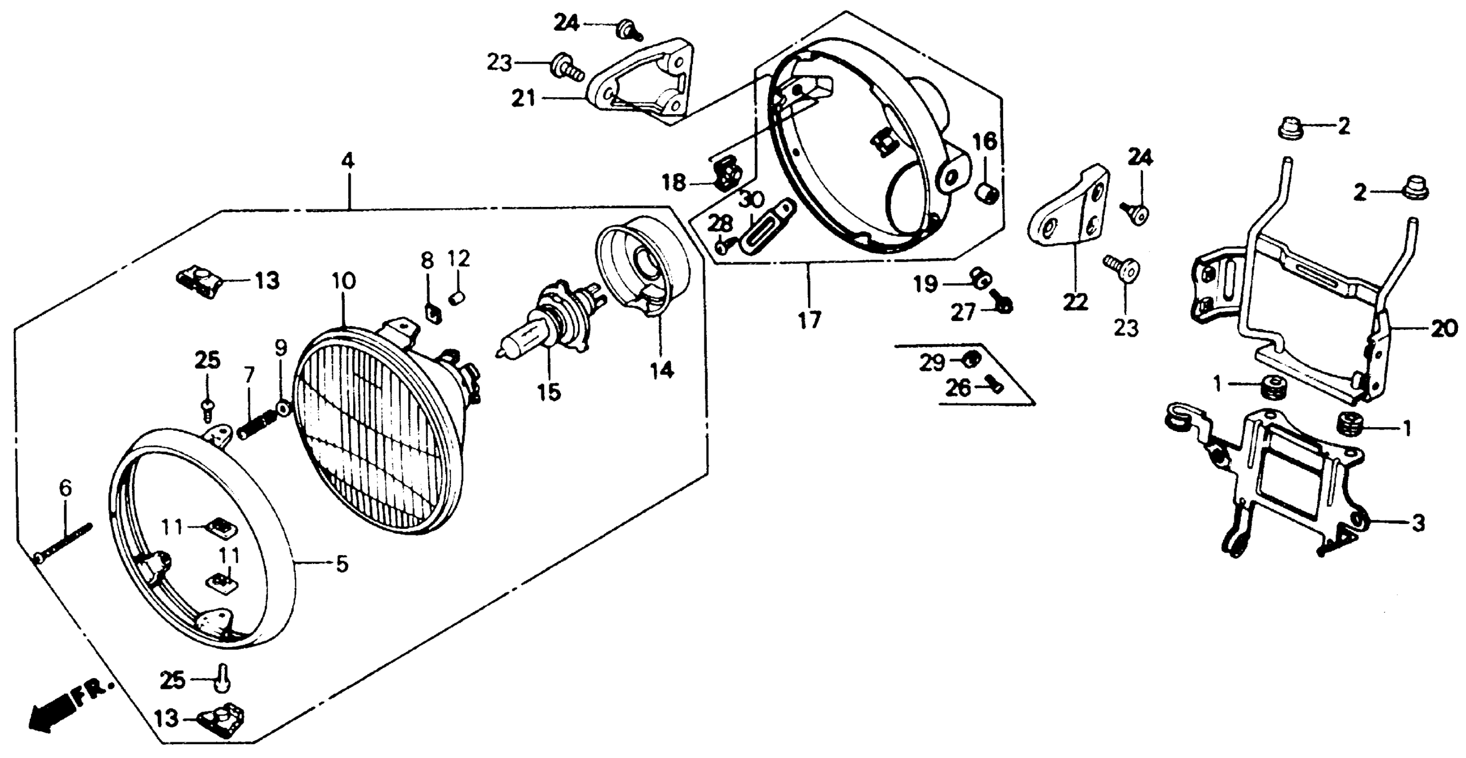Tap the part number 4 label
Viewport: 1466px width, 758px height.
[x=348, y=161]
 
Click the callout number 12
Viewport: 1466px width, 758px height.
[x=458, y=260]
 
